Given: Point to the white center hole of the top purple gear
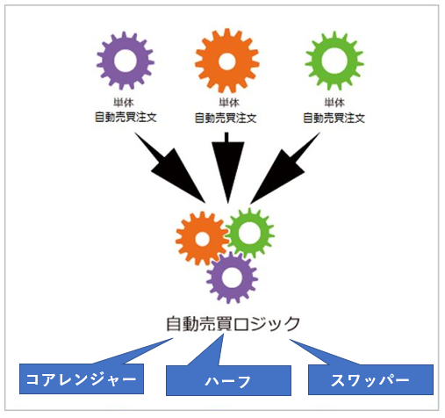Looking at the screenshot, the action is [126, 61].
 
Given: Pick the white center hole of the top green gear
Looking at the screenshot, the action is [334, 61].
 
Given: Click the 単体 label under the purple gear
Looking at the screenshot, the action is [124, 103].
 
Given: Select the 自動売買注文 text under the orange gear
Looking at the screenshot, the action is [226, 118].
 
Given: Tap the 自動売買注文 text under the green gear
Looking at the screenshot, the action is [334, 118].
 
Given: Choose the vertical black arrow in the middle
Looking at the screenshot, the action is [228, 168].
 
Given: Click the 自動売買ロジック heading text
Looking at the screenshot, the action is [233, 324].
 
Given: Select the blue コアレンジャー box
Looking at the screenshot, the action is [82, 378].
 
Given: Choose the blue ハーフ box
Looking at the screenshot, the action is [228, 381].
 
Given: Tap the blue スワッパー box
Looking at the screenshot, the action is [370, 379].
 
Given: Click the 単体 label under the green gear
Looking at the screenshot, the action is [334, 103].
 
